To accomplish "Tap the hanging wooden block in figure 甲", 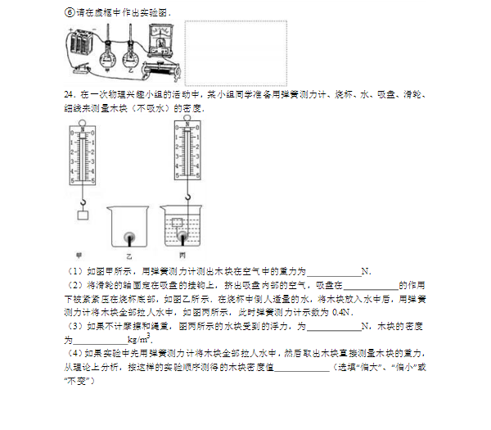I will [82, 215].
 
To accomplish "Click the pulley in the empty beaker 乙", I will [128, 238].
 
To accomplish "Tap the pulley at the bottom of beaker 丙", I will [181, 238].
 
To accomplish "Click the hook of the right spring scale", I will [187, 195].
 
